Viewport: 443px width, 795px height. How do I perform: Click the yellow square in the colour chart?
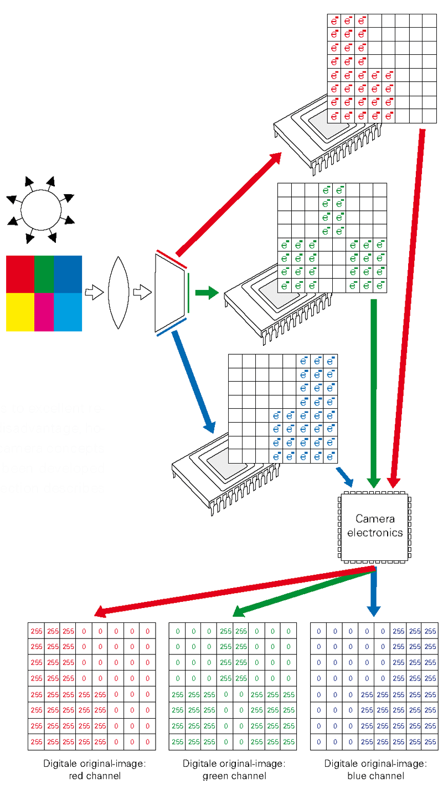[x=20, y=312]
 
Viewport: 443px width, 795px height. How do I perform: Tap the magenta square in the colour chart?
[x=44, y=312]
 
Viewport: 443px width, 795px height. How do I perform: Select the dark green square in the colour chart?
[x=44, y=274]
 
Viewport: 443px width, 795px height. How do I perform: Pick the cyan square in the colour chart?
[x=68, y=312]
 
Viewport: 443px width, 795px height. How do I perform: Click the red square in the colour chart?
[x=20, y=274]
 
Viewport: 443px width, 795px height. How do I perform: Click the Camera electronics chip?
[x=375, y=526]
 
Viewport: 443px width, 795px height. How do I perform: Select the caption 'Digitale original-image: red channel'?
[x=94, y=770]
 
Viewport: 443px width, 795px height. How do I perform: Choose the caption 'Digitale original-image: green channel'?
[x=234, y=770]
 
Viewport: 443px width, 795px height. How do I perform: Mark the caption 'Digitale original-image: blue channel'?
[x=375, y=770]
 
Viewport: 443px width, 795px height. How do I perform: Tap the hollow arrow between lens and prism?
[x=143, y=293]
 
